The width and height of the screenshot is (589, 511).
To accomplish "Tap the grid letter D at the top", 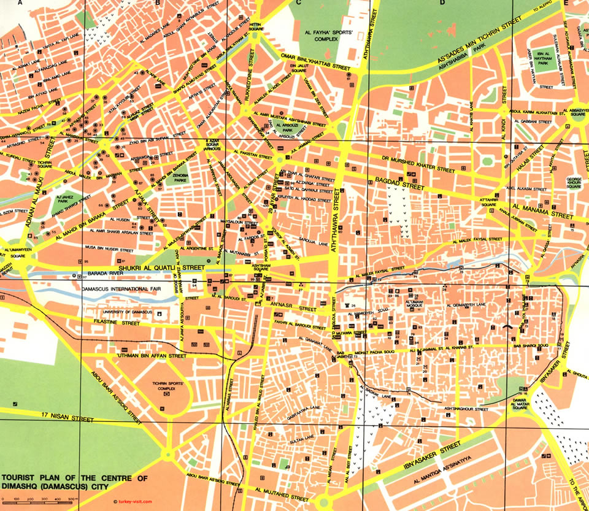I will [442, 4].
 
